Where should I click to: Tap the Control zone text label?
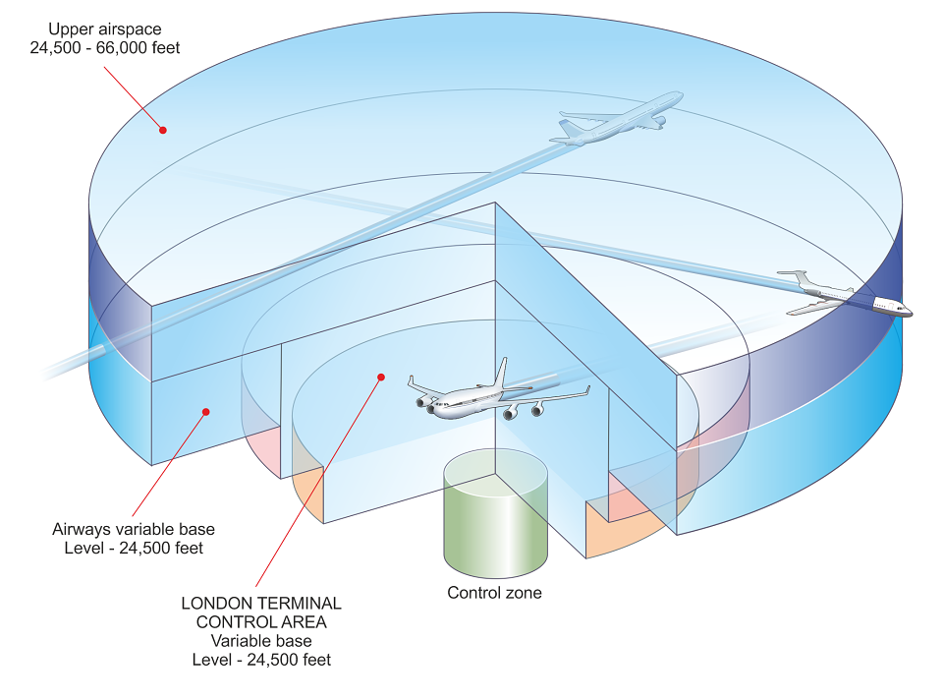[x=494, y=593]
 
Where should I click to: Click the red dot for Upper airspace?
[x=162, y=130]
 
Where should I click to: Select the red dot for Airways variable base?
[x=205, y=412]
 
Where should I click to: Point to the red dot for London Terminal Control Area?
[x=381, y=378]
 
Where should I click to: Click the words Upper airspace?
[x=105, y=29]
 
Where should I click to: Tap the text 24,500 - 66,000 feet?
[x=105, y=47]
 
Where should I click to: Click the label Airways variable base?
[x=134, y=529]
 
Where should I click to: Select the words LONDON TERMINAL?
[x=261, y=603]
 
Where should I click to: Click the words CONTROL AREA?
[x=261, y=621]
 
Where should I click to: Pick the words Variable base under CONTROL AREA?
[x=261, y=640]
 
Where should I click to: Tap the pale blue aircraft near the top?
[x=617, y=119]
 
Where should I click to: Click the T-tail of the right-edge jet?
[x=801, y=278]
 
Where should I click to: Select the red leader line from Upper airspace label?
[x=133, y=97]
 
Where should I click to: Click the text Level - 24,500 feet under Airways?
[x=134, y=548]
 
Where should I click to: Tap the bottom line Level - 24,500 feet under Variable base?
[x=261, y=660]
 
